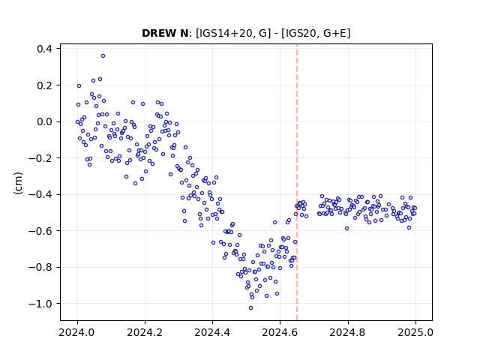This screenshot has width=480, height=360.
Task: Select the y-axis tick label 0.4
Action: [44, 49]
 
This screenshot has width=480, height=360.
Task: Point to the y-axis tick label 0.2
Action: [44, 85]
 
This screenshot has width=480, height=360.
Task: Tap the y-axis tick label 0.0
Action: [44, 121]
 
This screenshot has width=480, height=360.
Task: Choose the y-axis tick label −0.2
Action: [40, 158]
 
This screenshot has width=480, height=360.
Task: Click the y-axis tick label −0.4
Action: [40, 194]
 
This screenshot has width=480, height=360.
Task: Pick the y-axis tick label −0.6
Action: [40, 230]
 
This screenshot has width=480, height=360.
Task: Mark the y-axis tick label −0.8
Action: [40, 267]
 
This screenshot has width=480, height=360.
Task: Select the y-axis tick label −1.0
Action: [40, 303]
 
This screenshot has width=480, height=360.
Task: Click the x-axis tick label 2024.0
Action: [77, 332]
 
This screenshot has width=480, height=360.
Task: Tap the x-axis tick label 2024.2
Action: [145, 332]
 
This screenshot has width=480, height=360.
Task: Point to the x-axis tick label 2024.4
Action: [212, 332]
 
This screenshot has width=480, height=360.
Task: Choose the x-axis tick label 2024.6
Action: [280, 332]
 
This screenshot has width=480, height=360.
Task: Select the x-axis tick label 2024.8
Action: [348, 332]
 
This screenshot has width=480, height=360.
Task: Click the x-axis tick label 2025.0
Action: [415, 332]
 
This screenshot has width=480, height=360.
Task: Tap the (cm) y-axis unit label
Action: [18, 183]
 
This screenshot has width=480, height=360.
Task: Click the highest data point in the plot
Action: [103, 56]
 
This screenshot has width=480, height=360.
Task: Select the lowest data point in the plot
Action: [250, 308]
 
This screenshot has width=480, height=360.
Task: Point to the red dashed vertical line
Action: [297, 182]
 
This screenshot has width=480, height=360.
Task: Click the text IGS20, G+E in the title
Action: [316, 33]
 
